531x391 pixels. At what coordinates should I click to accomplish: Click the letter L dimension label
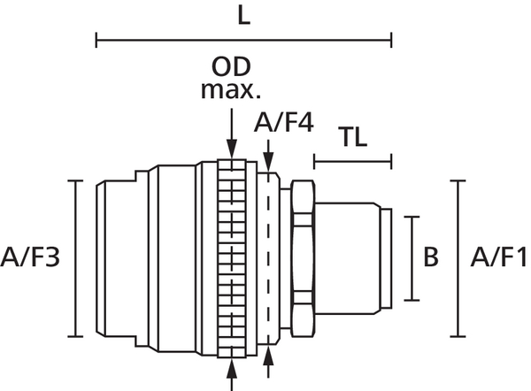[244, 16]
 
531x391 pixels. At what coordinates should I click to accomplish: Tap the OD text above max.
[231, 66]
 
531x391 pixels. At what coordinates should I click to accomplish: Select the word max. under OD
[231, 90]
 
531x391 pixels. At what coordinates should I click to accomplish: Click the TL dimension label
[354, 137]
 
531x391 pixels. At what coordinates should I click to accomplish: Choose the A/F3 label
[30, 257]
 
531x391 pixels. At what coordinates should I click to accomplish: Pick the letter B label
[431, 257]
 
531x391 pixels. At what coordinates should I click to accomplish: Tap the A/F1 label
[498, 257]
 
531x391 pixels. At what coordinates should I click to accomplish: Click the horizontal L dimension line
[244, 40]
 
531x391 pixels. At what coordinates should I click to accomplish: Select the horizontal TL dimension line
[353, 162]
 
